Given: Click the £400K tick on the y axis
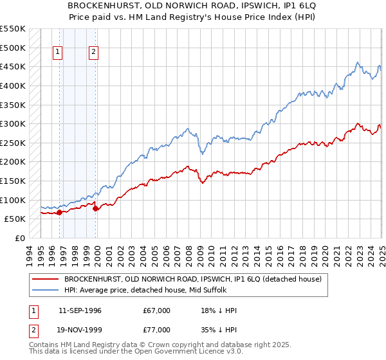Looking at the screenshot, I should (x=14, y=85).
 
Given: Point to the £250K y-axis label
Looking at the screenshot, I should (x=14, y=143).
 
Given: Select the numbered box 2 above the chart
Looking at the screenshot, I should (x=94, y=53).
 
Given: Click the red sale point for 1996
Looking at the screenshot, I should (x=59, y=212).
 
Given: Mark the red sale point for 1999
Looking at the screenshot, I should (x=95, y=208).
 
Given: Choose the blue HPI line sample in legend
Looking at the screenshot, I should (x=46, y=290).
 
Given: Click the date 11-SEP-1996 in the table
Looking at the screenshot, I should (x=80, y=310).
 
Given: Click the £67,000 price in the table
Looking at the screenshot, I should (x=157, y=310).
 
